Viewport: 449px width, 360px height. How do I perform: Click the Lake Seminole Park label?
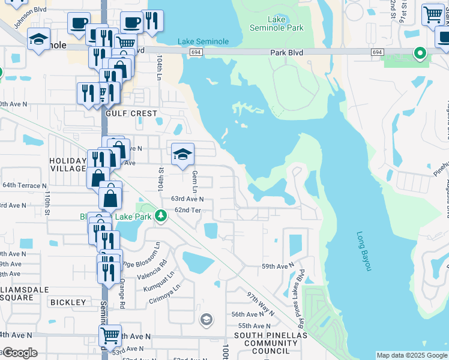pyautogui.click(x=277, y=23)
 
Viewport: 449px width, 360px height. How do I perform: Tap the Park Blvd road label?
pyautogui.click(x=286, y=53)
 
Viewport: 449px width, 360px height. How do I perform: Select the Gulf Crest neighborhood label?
pyautogui.click(x=131, y=113)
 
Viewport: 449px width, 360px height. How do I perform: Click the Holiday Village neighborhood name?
pyautogui.click(x=68, y=164)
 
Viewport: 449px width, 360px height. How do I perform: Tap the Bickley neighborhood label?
pyautogui.click(x=68, y=302)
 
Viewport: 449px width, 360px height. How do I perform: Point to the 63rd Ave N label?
pyautogui.click(x=187, y=199)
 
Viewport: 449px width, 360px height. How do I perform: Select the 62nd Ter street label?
pyautogui.click(x=187, y=210)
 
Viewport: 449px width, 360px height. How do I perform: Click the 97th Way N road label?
pyautogui.click(x=261, y=304)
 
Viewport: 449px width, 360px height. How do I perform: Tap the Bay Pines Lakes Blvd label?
pyautogui.click(x=300, y=291)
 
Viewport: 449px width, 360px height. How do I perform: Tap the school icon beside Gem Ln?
pyautogui.click(x=182, y=155)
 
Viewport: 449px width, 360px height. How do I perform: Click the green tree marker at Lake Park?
pyautogui.click(x=160, y=215)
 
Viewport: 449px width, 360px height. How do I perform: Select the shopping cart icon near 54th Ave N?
pyautogui.click(x=110, y=335)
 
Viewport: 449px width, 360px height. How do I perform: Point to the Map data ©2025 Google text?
pyautogui.click(x=412, y=355)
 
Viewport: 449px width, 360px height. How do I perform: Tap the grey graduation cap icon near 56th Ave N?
pyautogui.click(x=206, y=319)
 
